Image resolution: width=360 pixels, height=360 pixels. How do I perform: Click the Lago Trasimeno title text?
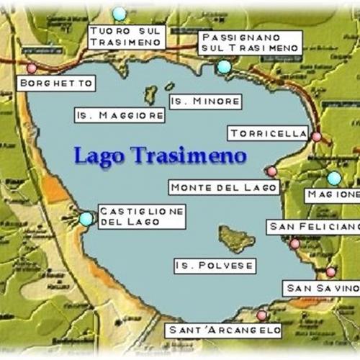(160, 155)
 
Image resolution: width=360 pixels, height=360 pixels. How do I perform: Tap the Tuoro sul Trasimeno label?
(127, 37)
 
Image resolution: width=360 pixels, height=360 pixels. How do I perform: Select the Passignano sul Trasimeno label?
(250, 42)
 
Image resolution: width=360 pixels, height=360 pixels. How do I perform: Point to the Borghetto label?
(56, 84)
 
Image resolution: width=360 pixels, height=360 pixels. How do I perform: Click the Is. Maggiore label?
(120, 115)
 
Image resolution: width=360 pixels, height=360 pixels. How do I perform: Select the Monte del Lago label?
(224, 188)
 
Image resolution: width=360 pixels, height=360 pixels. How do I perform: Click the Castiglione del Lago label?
(141, 216)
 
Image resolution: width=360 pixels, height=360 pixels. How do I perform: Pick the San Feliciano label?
(313, 227)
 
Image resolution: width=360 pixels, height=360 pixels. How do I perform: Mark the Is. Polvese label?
(215, 266)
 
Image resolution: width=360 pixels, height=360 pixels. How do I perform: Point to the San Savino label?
(320, 288)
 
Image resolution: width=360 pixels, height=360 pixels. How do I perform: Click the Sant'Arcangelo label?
(223, 330)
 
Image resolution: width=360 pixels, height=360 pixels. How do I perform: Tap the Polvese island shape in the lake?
(236, 239)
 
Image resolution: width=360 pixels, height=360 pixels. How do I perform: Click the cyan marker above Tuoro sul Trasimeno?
(120, 14)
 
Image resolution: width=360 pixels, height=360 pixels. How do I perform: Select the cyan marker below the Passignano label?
(224, 67)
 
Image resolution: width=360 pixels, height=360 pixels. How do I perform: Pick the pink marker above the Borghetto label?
(31, 69)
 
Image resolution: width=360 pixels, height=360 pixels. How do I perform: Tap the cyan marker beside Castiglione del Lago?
(86, 219)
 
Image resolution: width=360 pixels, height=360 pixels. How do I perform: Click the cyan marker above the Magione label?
(334, 178)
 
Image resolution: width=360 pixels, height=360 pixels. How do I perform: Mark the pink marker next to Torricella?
(316, 136)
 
